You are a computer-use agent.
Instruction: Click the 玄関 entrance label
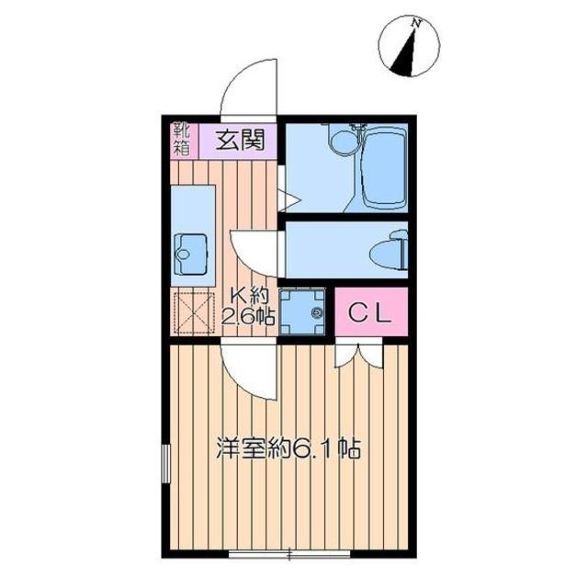click(240, 141)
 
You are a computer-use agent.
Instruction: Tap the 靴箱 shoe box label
click(182, 140)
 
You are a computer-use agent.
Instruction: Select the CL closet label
click(370, 312)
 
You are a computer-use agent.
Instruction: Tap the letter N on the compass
click(415, 23)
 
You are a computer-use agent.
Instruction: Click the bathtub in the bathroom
click(384, 167)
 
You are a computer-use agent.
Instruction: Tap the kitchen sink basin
click(192, 254)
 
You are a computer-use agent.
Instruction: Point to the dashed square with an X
click(195, 313)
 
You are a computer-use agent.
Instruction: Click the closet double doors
click(358, 355)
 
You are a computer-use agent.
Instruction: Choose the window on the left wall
click(165, 463)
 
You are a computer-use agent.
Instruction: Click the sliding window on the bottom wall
click(289, 553)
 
